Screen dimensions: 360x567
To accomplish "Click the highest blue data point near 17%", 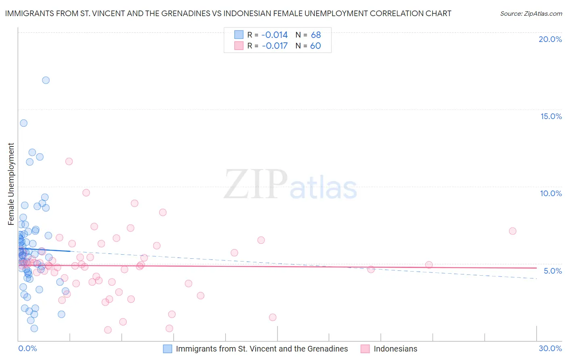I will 46,80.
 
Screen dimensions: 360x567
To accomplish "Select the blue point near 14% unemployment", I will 24,123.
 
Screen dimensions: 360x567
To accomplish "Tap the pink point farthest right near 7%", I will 513,231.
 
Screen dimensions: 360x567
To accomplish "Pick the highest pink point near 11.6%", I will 69,161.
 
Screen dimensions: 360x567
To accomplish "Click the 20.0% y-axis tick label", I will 550,39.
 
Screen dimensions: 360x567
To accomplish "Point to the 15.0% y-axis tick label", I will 551,116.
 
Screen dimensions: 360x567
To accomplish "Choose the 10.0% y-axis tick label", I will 551,193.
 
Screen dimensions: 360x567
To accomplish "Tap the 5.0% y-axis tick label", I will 552,271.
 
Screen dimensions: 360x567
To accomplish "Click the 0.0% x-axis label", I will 28,348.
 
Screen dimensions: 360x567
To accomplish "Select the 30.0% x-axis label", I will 550,348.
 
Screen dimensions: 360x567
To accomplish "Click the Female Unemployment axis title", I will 11,184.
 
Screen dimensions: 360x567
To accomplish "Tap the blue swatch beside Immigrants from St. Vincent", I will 167,349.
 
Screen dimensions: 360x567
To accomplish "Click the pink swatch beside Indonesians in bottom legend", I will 365,349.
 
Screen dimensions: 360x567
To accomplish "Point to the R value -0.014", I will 275,35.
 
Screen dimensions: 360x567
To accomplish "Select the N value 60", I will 315,46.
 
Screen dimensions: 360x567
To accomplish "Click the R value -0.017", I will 275,46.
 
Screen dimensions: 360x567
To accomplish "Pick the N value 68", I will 316,35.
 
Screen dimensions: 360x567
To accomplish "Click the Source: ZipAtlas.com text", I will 531,14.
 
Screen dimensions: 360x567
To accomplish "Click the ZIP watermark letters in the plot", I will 256,185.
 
